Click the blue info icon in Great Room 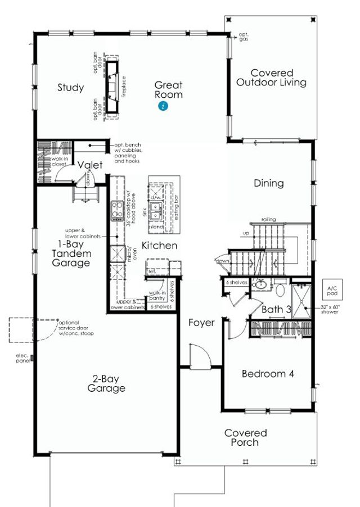(163, 106)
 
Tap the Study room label (71, 88)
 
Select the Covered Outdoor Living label (271, 78)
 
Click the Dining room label (268, 183)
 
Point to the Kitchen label (159, 246)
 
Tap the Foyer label (201, 323)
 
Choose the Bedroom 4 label (268, 374)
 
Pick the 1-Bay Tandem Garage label (71, 254)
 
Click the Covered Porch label (245, 437)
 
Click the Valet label (90, 165)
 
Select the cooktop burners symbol (117, 210)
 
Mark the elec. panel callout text (23, 357)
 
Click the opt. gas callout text (243, 37)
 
